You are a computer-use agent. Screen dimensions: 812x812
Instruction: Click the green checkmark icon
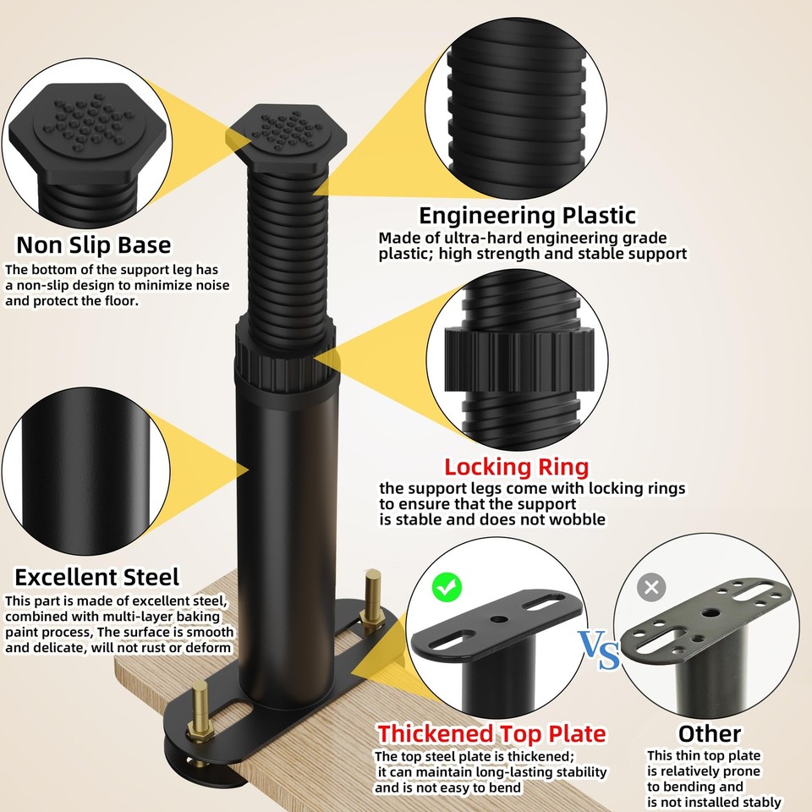pos(447,587)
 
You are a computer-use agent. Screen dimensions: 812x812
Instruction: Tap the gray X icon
pos(651,587)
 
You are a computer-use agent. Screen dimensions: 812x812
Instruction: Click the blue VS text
pos(599,650)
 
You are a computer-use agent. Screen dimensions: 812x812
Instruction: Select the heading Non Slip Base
pos(94,245)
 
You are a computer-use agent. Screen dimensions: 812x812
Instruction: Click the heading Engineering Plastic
pos(527,216)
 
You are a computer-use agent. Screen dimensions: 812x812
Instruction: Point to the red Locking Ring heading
pos(517,467)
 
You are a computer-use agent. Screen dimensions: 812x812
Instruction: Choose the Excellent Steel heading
pos(96,577)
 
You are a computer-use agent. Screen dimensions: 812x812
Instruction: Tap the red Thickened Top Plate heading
pos(491,733)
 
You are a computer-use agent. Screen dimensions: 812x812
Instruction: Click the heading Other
pos(710,733)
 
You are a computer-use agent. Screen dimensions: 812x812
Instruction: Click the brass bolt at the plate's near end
pos(199,710)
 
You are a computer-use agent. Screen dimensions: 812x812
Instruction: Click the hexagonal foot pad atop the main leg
pos(287,137)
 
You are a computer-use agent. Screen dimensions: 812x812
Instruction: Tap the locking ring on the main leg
pos(285,357)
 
